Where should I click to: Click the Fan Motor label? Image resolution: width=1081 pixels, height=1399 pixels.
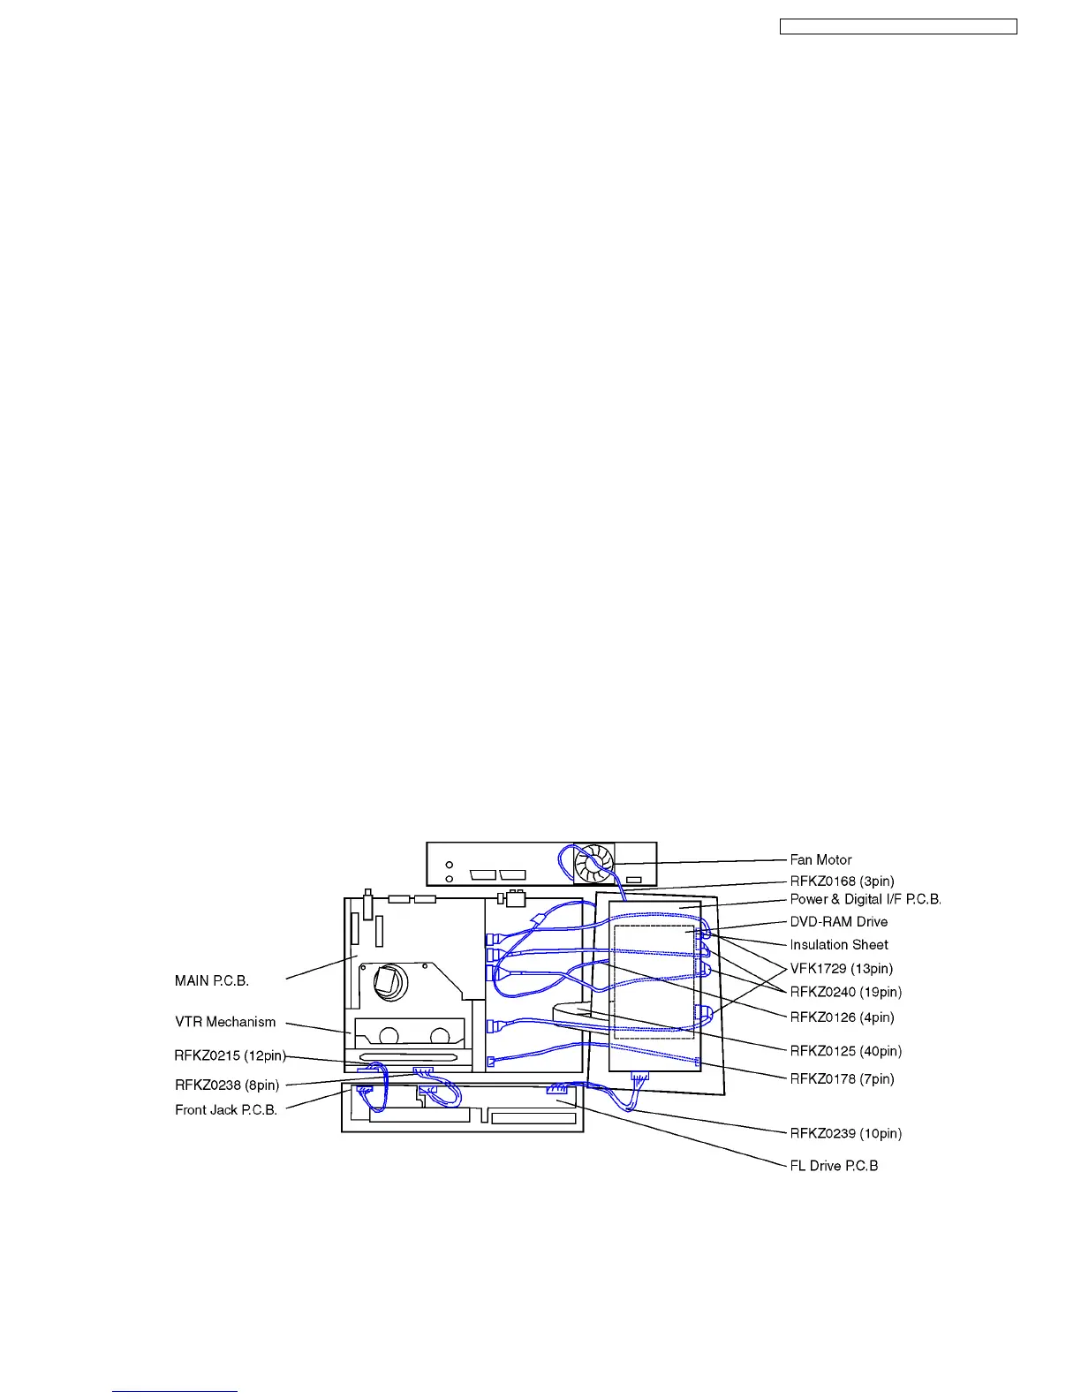[x=820, y=859]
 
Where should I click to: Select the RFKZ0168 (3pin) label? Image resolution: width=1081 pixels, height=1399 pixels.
[x=842, y=881]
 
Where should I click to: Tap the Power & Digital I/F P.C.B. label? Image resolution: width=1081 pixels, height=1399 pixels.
[x=866, y=899]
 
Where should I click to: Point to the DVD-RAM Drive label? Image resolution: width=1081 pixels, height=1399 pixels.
[x=838, y=922]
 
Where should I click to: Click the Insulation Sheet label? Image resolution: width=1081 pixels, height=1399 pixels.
[x=838, y=945]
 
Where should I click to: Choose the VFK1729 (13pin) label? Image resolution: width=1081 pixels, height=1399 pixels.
[x=841, y=969]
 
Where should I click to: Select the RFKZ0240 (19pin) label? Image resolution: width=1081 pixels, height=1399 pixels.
[x=845, y=992]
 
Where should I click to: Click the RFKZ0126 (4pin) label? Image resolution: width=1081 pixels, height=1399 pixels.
[x=842, y=1017]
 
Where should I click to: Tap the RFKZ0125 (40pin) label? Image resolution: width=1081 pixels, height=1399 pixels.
[x=845, y=1051]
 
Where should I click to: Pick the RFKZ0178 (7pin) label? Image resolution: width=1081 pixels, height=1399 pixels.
[x=842, y=1078]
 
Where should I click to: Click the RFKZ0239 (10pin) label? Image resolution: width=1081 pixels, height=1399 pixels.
[x=845, y=1133]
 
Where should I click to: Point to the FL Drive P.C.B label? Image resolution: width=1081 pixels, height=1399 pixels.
[x=834, y=1166]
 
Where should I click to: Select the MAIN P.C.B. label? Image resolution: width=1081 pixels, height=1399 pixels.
[x=212, y=981]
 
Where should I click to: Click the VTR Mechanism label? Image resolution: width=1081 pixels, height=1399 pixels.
[x=225, y=1022]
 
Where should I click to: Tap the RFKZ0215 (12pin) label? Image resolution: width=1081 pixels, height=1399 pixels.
[x=230, y=1055]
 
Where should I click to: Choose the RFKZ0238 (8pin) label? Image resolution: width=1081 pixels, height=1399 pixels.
[x=227, y=1085]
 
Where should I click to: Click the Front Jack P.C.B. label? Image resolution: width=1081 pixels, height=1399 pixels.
[x=226, y=1110]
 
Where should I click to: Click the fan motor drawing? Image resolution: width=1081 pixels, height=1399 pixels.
[x=593, y=863]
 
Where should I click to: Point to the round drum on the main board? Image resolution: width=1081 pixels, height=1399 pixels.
[x=389, y=981]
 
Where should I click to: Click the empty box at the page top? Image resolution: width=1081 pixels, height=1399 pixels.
[x=897, y=27]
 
